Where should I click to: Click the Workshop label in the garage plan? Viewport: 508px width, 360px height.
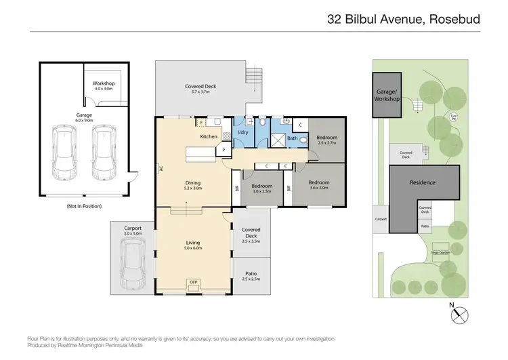(x=104, y=85)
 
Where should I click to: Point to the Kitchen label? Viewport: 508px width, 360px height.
(x=209, y=137)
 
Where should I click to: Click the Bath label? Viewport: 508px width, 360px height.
(x=292, y=138)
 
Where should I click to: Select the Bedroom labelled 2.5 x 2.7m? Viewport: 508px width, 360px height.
(x=326, y=140)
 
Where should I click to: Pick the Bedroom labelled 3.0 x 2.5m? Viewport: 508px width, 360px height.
(x=262, y=188)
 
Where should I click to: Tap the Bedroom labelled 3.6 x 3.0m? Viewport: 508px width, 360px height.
(x=319, y=184)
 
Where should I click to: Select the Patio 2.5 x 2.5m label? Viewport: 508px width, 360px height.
(x=251, y=276)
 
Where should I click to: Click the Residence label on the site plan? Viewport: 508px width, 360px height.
(x=422, y=183)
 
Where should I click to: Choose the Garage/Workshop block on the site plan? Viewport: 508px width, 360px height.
(x=388, y=96)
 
